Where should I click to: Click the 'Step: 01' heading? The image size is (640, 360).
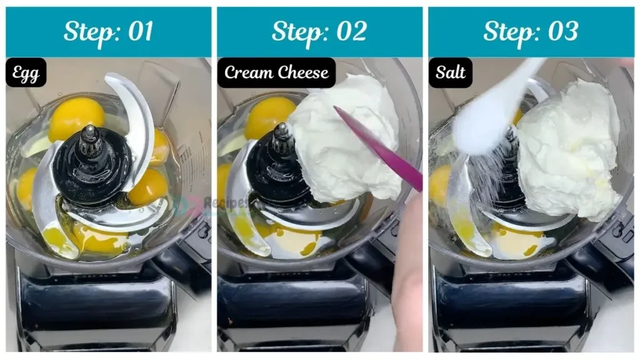coord(108,31)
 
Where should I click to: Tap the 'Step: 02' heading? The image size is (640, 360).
coord(319,31)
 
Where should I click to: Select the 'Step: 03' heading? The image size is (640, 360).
coord(531,31)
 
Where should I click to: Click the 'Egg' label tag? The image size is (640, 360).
coord(26,73)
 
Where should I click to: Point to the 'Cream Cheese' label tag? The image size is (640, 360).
coord(276,73)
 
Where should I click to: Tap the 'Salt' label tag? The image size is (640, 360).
coord(450,73)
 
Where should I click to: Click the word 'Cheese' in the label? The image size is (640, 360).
coord(303,73)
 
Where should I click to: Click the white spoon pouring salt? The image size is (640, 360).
coord(494,106)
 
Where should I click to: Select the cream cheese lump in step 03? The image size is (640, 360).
coord(566,150)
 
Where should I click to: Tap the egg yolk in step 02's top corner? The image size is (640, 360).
coord(267,116)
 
